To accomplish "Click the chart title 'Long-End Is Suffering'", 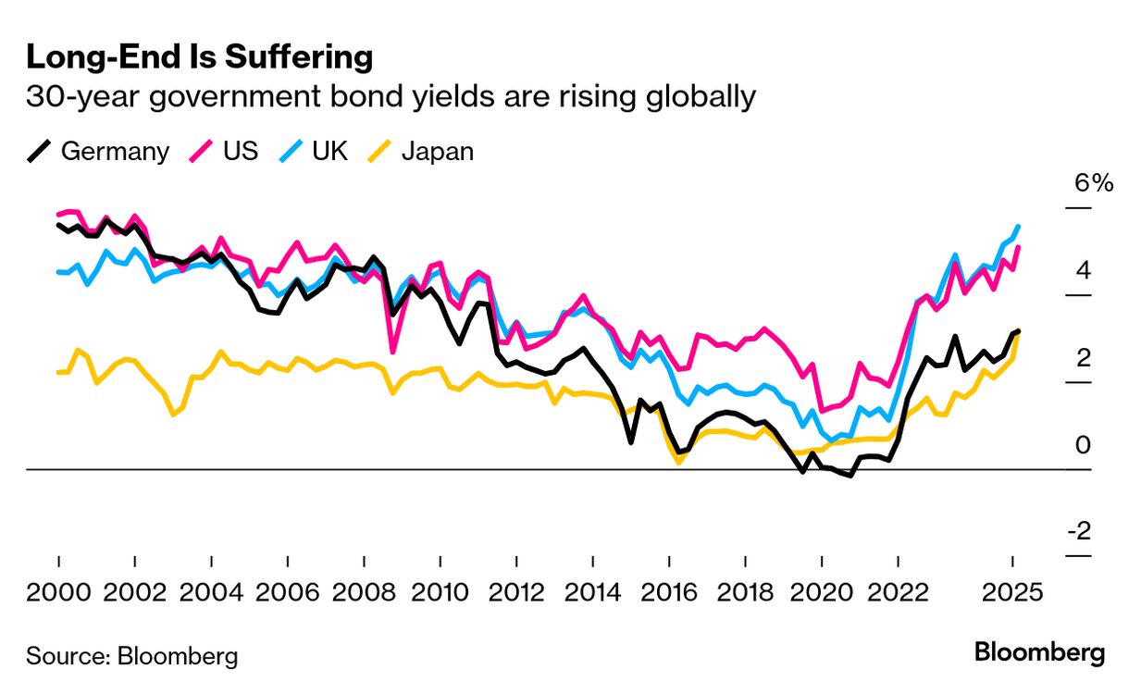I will coord(199,57).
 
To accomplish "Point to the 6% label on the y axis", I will coord(1093,183).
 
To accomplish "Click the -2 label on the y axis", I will coord(1079,532).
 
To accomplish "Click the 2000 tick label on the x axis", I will coord(58,592).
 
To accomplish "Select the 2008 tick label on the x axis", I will coord(364,592).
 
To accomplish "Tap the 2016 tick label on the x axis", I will coord(669,592).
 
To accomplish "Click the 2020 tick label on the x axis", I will coord(822,592).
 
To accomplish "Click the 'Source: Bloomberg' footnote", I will coord(131,656).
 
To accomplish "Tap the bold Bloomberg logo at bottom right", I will coord(1039,652).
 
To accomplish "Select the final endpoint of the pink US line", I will coord(1018,247).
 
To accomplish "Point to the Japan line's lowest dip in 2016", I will coord(679,461).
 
